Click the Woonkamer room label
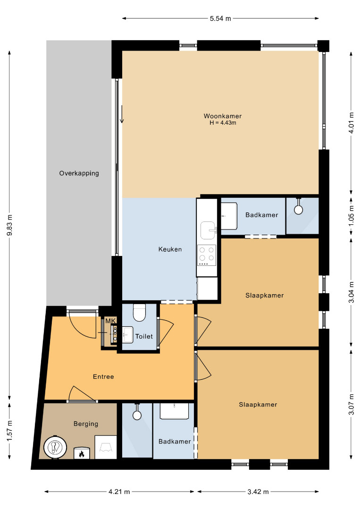pyautogui.click(x=223, y=116)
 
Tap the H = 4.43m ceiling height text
pyautogui.click(x=223, y=123)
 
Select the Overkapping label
pyautogui.click(x=79, y=173)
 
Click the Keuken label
pyautogui.click(x=170, y=249)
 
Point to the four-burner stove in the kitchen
pyautogui.click(x=207, y=255)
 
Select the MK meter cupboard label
pyautogui.click(x=110, y=321)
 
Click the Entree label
pyautogui.click(x=103, y=377)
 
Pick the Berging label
pyautogui.click(x=86, y=424)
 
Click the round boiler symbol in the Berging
pyautogui.click(x=55, y=447)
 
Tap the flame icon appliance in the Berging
pyautogui.click(x=81, y=453)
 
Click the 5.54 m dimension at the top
pyautogui.click(x=220, y=18)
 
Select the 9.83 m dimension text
pyautogui.click(x=10, y=225)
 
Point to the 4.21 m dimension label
pyautogui.click(x=119, y=492)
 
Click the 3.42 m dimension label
pyautogui.click(x=258, y=492)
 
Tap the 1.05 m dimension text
pyautogui.click(x=351, y=216)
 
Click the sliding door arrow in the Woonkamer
pyautogui.click(x=122, y=114)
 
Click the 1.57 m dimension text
pyautogui.click(x=10, y=431)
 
